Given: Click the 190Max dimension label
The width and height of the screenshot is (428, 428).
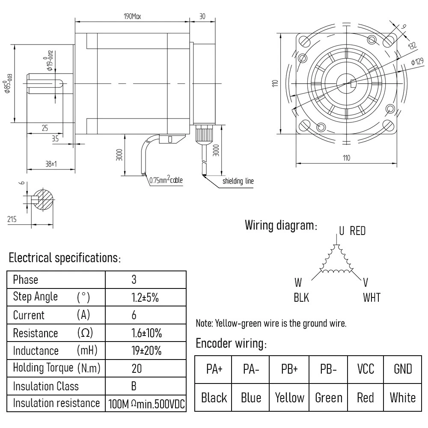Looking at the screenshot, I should [x=132, y=17].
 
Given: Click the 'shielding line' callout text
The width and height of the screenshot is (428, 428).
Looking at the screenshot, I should [x=238, y=181].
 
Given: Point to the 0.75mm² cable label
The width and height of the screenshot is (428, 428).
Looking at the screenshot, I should [x=166, y=180].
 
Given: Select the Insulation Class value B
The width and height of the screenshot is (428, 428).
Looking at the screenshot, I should [x=134, y=386].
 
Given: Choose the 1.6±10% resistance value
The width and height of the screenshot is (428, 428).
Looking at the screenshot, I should [x=146, y=333].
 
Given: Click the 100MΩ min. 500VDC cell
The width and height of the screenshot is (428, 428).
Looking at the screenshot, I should [x=146, y=404].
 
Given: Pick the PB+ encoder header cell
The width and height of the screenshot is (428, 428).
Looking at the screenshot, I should [x=289, y=369].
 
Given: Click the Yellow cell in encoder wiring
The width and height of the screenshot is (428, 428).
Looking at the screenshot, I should [x=289, y=398].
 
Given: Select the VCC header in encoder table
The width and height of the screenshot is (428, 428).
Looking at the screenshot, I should [x=365, y=369].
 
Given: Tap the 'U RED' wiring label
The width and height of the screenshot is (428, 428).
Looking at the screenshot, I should [x=352, y=231].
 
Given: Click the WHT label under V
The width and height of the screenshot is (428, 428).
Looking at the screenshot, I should [x=371, y=297].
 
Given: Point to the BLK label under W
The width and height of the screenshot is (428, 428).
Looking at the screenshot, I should [x=301, y=297].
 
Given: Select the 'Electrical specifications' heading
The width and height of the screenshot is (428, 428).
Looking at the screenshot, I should [x=64, y=258].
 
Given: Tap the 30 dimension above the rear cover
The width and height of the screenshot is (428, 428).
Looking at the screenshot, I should [x=202, y=17].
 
